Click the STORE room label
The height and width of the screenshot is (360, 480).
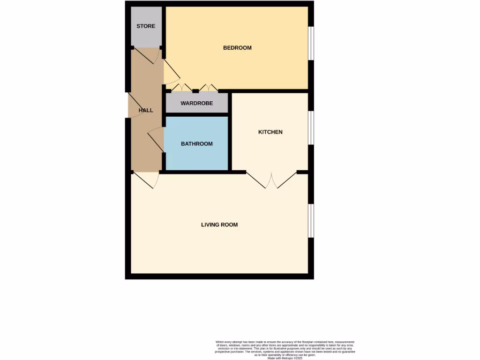(146, 26)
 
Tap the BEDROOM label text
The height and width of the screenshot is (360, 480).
(237, 48)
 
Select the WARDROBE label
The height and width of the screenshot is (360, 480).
(197, 103)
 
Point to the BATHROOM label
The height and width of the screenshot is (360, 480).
(197, 144)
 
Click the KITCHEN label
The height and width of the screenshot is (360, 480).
(270, 132)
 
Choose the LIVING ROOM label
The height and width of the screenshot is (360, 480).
(219, 225)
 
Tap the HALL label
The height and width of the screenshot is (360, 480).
(146, 111)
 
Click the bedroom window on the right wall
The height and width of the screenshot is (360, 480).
(311, 43)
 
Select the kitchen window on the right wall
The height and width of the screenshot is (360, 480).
(311, 128)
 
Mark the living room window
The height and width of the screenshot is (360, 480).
(311, 221)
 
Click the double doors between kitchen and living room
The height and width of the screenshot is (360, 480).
(271, 180)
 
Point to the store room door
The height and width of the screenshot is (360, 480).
(147, 56)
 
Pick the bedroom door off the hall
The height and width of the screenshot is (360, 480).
(172, 75)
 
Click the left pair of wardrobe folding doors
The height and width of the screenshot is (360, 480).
(182, 88)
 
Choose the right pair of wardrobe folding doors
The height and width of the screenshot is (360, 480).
(208, 88)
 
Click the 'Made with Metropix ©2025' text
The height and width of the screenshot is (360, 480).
(285, 358)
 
